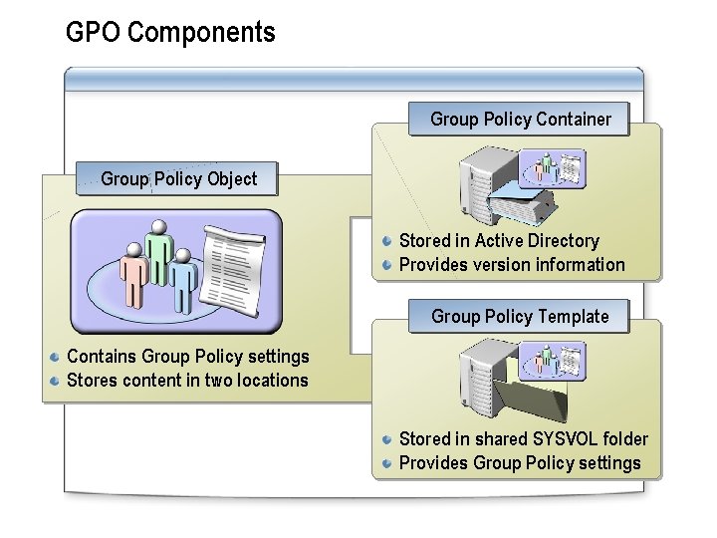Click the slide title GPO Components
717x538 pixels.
[x=170, y=33]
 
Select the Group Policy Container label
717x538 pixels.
[x=520, y=120]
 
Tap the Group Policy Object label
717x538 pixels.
[x=178, y=179]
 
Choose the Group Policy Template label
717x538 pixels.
[x=520, y=317]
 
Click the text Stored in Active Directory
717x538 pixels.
[x=499, y=241]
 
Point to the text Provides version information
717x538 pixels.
[x=512, y=265]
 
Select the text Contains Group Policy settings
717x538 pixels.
[x=187, y=357]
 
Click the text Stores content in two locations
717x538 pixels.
[x=187, y=381]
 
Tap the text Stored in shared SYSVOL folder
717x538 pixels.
[x=523, y=439]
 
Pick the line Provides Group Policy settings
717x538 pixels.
[x=520, y=463]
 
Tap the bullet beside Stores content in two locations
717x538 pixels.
[x=56, y=381]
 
